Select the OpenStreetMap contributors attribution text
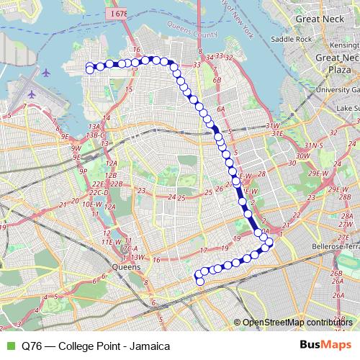(299, 322)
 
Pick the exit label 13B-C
(94, 135)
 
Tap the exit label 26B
(336, 274)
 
